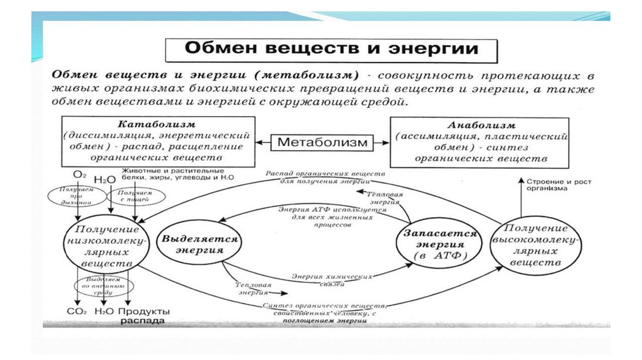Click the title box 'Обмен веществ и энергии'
pos(330,49)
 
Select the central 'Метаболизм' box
pos(322,142)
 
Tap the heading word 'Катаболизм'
pos(159,124)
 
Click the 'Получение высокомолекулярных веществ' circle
pos(535,245)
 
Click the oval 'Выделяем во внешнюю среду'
pos(99,286)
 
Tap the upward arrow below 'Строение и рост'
pos(520,198)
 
